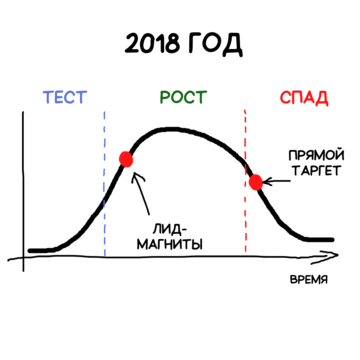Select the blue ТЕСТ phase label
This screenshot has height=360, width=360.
coord(65,97)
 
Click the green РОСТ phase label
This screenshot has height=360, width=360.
coord(183,97)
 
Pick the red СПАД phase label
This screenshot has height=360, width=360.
coord(304,98)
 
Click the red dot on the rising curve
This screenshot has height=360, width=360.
coord(126,159)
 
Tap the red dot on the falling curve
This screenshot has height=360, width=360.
coord(256,182)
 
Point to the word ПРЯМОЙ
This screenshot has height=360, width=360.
coord(316,156)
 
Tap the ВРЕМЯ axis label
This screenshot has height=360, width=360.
coord(308,279)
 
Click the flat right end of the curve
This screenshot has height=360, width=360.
coord(320,240)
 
